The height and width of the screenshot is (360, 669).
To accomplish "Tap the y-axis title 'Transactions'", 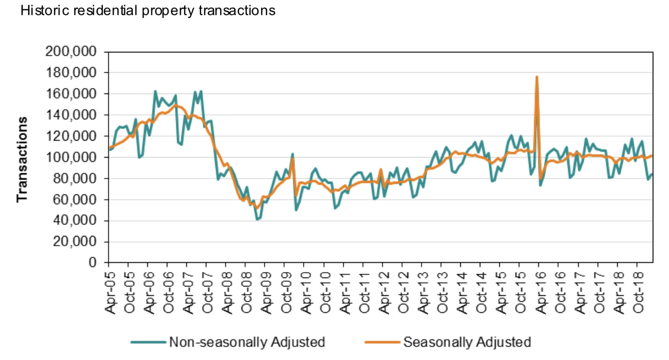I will tap(22, 159).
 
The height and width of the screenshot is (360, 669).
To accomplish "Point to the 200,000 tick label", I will tap(71, 51).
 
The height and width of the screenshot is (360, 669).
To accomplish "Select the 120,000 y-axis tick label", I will tap(71, 136).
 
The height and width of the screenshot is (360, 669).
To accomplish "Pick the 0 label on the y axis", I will tap(93, 263).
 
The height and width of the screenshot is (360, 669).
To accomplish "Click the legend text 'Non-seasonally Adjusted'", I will tap(247, 342).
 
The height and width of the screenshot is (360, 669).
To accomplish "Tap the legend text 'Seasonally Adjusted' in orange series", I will tap(467, 342).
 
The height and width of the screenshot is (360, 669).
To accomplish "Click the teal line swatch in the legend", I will tap(148, 342).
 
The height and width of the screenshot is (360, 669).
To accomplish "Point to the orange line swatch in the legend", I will tap(382, 342).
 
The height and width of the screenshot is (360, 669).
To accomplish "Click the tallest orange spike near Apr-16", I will tap(537, 77).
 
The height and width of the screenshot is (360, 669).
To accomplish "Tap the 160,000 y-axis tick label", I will tap(71, 94).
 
